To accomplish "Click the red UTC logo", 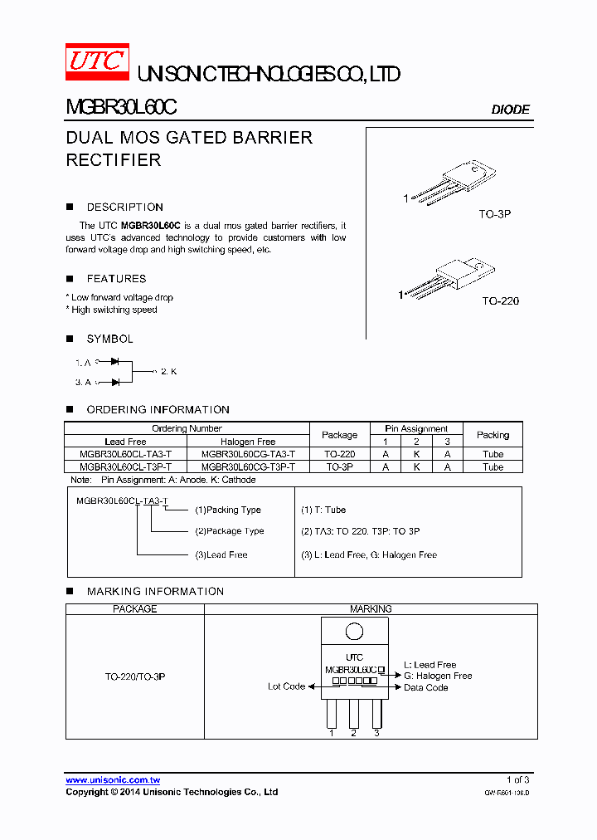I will pyautogui.click(x=97, y=62).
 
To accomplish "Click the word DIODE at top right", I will pyautogui.click(x=510, y=110).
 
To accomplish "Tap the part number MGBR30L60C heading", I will pyautogui.click(x=121, y=108).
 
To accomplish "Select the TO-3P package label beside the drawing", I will pyautogui.click(x=495, y=214).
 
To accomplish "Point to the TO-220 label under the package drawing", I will pyautogui.click(x=500, y=300).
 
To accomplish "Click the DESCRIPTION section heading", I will pyautogui.click(x=124, y=208).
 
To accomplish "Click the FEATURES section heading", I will pyautogui.click(x=116, y=279).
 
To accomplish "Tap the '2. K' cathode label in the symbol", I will pyautogui.click(x=168, y=372).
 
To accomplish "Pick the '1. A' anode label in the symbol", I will pyautogui.click(x=83, y=363).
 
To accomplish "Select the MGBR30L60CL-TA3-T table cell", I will pyautogui.click(x=126, y=455).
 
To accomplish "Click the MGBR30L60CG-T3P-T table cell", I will pyautogui.click(x=248, y=467).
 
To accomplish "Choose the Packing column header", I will pyautogui.click(x=493, y=435).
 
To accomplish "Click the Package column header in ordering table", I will pyautogui.click(x=339, y=435).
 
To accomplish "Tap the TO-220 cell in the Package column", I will pyautogui.click(x=339, y=455).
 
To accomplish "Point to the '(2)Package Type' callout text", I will pyautogui.click(x=230, y=531).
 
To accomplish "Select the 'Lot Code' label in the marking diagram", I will pyautogui.click(x=286, y=686).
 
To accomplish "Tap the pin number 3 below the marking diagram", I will pyautogui.click(x=376, y=733).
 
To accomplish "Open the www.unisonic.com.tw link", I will pyautogui.click(x=113, y=780).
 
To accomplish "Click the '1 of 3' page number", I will pyautogui.click(x=517, y=780).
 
